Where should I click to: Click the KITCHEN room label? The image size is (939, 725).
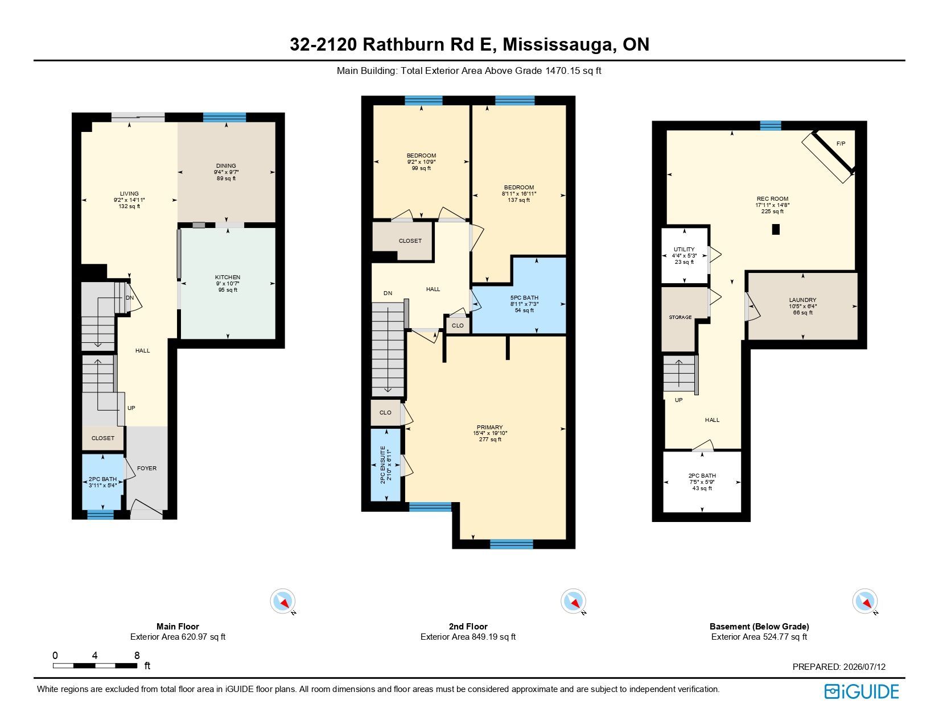(228, 277)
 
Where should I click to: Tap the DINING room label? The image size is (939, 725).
(226, 166)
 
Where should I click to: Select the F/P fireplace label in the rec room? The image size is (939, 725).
(841, 144)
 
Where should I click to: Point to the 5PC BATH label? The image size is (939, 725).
(524, 298)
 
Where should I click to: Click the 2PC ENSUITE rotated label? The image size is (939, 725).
(383, 465)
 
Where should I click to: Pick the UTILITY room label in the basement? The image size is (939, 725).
(684, 250)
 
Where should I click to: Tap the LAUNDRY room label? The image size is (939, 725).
(802, 300)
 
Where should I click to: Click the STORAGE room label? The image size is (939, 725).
(680, 317)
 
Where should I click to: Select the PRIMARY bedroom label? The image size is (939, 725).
(489, 427)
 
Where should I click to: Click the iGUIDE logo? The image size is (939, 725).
(861, 691)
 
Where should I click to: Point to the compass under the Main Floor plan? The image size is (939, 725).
(283, 600)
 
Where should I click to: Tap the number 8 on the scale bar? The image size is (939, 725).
(137, 656)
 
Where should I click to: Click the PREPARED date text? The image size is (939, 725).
(839, 666)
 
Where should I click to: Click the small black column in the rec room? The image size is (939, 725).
(776, 229)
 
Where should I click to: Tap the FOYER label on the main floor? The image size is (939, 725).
(146, 468)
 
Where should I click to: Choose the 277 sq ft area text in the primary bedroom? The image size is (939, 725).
(490, 440)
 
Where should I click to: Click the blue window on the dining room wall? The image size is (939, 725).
(224, 117)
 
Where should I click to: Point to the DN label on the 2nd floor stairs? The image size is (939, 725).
(388, 293)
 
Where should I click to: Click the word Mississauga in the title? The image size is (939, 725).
(559, 44)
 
